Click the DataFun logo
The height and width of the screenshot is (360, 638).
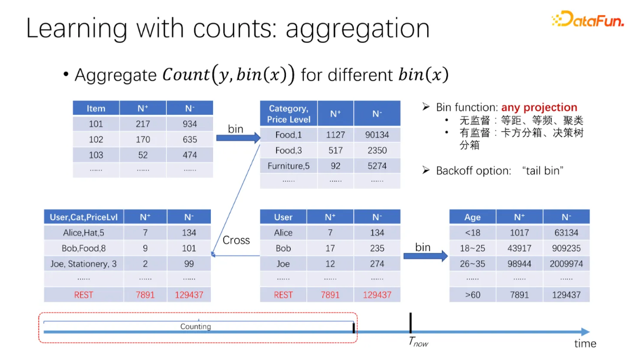(587, 19)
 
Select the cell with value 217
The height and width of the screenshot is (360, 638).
(143, 124)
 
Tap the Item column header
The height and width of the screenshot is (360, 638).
(96, 108)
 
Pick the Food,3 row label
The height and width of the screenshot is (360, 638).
(289, 150)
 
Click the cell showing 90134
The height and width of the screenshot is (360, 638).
(377, 135)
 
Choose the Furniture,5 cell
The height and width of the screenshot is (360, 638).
(289, 166)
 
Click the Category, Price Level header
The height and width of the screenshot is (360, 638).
(289, 114)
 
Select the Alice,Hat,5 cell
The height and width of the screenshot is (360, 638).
(83, 233)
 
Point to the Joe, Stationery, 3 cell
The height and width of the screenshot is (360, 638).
(83, 264)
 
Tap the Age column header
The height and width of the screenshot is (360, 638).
(472, 217)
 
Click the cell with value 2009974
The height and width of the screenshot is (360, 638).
(566, 264)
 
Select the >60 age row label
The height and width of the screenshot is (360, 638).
(472, 295)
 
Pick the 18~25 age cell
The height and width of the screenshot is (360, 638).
(472, 248)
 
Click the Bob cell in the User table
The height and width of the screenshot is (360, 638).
(283, 248)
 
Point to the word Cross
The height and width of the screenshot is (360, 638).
(236, 240)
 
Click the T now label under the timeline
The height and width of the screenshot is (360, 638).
(418, 342)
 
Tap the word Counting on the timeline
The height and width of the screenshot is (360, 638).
(196, 327)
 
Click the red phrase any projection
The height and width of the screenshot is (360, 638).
(539, 108)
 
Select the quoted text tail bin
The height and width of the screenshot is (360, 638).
(543, 171)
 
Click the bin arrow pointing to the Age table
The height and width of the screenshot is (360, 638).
(426, 256)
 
